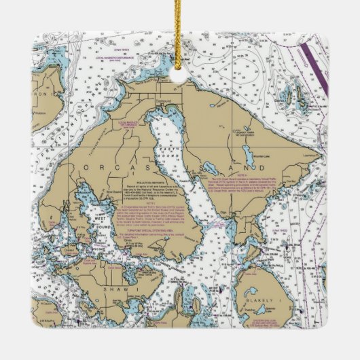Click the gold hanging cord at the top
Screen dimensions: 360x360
point(179,17)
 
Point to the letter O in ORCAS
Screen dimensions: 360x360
point(84,167)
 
